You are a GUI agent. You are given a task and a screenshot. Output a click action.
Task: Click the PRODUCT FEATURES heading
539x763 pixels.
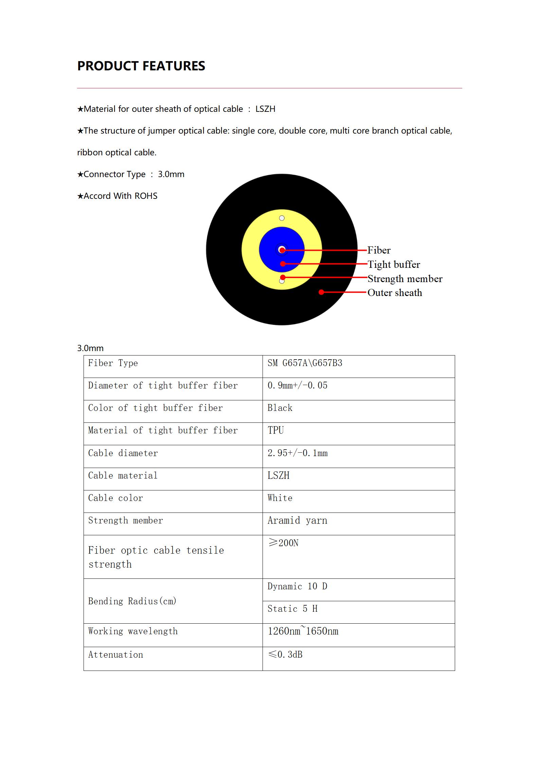[141, 66]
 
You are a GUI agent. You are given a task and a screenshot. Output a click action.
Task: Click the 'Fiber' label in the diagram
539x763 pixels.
[379, 250]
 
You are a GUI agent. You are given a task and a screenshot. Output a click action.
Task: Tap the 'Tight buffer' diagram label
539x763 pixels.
[394, 264]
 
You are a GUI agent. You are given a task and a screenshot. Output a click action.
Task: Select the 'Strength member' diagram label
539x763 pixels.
[405, 279]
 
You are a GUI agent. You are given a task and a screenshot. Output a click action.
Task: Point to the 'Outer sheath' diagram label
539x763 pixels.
[395, 293]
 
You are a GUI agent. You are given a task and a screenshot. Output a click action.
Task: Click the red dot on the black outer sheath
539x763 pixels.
[321, 292]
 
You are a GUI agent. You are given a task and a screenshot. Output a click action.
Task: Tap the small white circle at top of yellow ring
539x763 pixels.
[282, 218]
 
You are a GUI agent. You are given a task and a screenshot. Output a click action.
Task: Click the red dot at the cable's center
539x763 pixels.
[282, 250]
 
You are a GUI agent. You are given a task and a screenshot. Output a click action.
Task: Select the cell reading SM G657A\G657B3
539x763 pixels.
[305, 363]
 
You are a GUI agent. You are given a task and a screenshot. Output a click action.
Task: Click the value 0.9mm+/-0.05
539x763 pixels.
[297, 385]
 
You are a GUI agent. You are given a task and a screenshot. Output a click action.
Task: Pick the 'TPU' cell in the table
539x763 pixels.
[275, 430]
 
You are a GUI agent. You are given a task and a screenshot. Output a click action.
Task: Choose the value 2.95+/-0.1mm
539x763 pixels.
[297, 453]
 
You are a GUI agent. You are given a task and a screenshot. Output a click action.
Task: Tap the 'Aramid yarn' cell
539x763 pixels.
[297, 520]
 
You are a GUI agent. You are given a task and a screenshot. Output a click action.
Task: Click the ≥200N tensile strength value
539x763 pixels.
[283, 543]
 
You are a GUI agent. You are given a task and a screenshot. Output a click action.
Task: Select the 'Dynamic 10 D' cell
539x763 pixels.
[297, 586]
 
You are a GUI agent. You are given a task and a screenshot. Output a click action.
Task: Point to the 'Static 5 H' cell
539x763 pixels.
[292, 609]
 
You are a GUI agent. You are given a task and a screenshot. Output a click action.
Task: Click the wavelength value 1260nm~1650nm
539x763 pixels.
[303, 631]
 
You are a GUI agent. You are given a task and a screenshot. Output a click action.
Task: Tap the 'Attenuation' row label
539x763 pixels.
[115, 655]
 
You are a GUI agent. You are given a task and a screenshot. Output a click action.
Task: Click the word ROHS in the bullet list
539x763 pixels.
[146, 196]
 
